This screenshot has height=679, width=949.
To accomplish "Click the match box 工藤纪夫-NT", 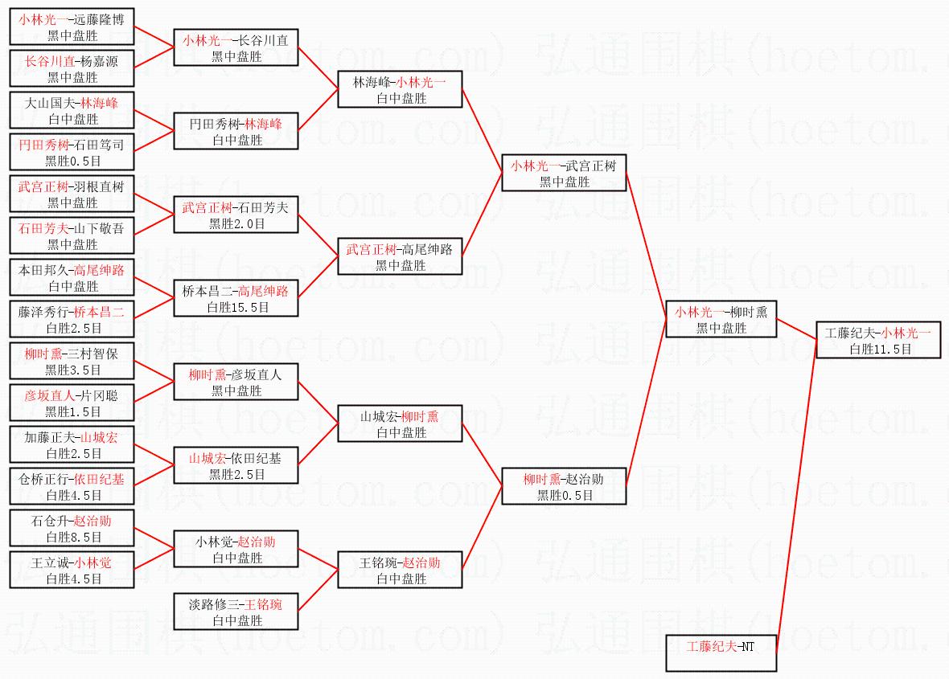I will (x=721, y=652).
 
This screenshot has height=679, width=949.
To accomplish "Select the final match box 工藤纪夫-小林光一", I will (x=877, y=340).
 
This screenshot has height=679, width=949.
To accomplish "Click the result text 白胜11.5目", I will (x=880, y=350).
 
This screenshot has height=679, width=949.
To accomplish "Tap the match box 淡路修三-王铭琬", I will (x=236, y=612).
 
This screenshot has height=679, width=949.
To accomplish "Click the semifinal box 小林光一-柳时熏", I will (x=721, y=319).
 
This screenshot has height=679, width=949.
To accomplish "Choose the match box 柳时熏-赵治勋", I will (x=563, y=486).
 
